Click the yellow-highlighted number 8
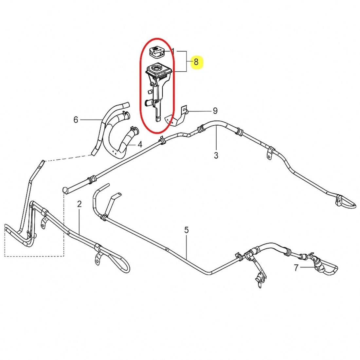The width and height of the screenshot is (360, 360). pyautogui.click(x=196, y=62)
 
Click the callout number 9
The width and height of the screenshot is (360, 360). pyautogui.click(x=215, y=111)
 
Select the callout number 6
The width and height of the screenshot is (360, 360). pyautogui.click(x=76, y=119)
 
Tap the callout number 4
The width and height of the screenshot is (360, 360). pyautogui.click(x=140, y=145)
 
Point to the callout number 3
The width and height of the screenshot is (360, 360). pyautogui.click(x=216, y=155)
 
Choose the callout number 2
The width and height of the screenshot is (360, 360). pyautogui.click(x=80, y=204)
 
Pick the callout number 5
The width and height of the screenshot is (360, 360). pyautogui.click(x=187, y=230)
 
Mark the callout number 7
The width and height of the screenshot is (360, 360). pyautogui.click(x=296, y=268)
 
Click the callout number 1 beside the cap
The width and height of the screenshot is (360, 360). pyautogui.click(x=173, y=51)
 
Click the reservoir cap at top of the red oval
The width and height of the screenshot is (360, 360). pyautogui.click(x=156, y=52)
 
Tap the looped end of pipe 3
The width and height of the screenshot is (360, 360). pyautogui.click(x=346, y=202)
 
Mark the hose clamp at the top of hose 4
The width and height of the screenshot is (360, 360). pyautogui.click(x=134, y=130)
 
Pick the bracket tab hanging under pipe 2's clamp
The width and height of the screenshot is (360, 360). pyautogui.click(x=99, y=259)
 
